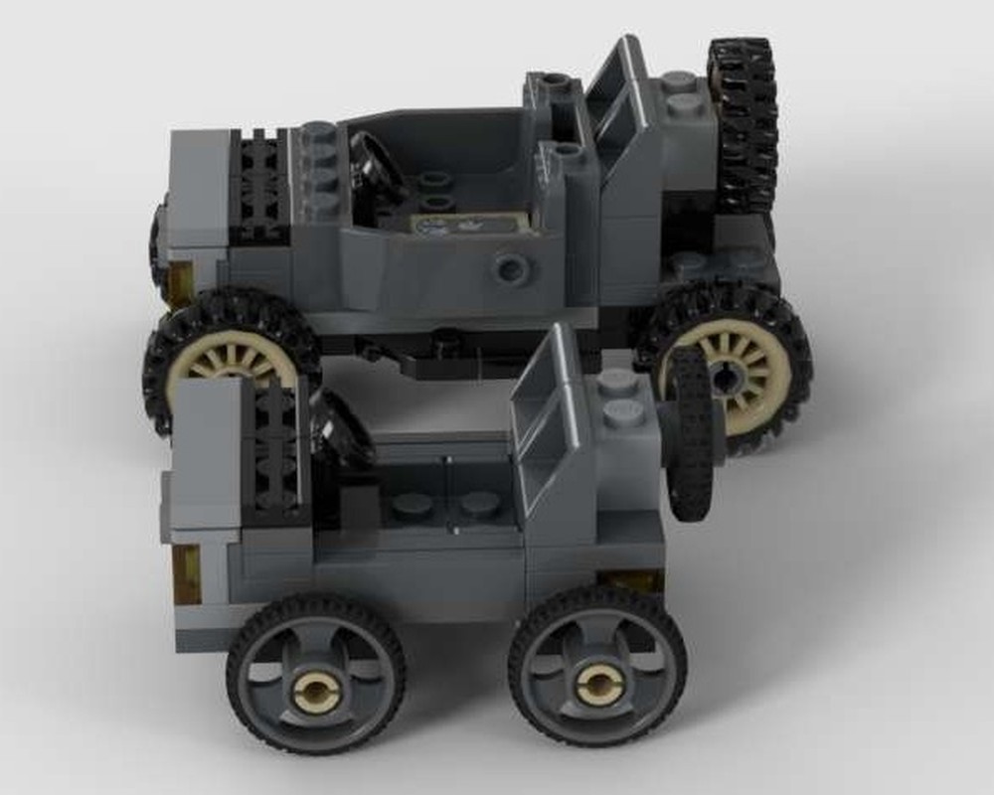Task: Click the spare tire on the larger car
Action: coord(743,124)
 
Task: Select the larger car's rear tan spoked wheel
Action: coord(725,373)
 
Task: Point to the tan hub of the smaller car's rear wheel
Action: coord(597,683)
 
